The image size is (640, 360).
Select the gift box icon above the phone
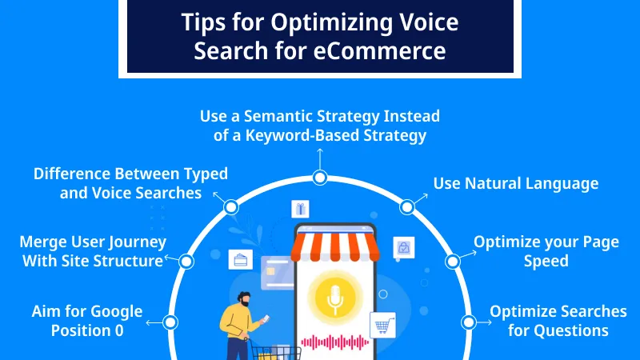[300, 210]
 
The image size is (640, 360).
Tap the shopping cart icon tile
[382, 324]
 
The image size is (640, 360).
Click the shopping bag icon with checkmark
[403, 248]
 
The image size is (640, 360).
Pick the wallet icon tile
[239, 260]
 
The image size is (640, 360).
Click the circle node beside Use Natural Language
[407, 207]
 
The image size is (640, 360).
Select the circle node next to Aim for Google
[170, 322]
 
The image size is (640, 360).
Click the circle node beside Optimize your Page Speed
[452, 261]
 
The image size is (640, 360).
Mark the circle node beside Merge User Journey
[186, 261]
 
